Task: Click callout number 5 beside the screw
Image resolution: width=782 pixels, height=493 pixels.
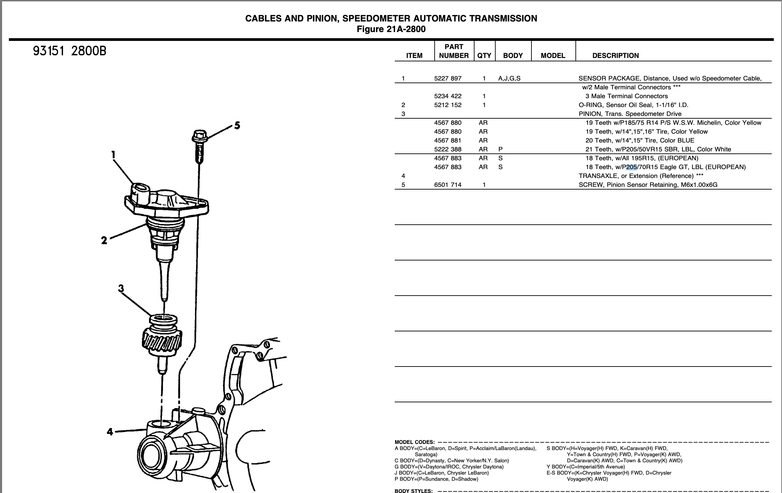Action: [x=237, y=125]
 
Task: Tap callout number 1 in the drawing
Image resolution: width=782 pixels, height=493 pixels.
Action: [x=113, y=155]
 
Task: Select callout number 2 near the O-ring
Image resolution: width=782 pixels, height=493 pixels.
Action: [x=104, y=240]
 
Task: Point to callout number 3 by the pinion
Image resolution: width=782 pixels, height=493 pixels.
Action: [x=121, y=288]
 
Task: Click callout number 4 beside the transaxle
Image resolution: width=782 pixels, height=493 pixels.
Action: [x=110, y=432]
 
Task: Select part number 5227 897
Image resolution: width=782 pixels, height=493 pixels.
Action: [x=448, y=78]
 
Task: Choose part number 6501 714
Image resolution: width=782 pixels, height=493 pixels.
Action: [x=448, y=185]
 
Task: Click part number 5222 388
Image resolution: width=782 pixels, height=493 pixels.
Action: [x=448, y=149]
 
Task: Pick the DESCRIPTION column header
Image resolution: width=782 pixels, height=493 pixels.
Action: [x=616, y=56]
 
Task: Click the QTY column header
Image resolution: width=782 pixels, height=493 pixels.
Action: [x=484, y=56]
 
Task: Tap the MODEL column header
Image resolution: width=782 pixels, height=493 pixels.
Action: [x=553, y=56]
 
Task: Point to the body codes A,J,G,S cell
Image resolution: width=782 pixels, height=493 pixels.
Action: [x=509, y=78]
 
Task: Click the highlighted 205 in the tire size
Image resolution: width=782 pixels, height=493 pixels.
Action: [x=632, y=167]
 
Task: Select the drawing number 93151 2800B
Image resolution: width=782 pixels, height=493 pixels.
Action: [x=70, y=51]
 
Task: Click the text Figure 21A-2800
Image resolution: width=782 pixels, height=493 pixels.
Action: [x=391, y=29]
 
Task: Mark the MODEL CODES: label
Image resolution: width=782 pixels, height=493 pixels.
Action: [x=415, y=442]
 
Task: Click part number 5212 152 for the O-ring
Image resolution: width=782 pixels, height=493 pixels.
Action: [x=448, y=105]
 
